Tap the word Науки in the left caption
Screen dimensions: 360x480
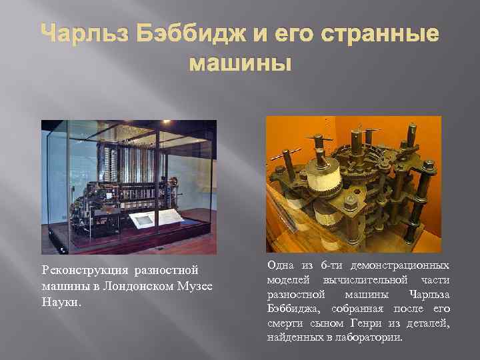pyautogui.click(x=61, y=302)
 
